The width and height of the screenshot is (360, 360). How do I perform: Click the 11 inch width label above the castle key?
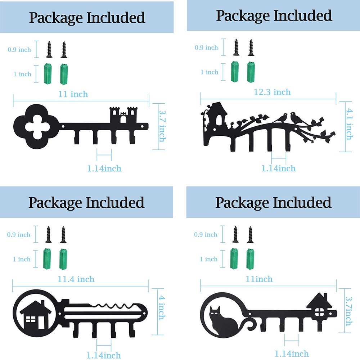click(x=73, y=94)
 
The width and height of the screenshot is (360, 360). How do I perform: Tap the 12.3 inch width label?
click(x=272, y=92)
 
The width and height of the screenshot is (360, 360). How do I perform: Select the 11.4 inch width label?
click(x=76, y=279)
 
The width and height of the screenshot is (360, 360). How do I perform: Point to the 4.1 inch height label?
click(x=349, y=124)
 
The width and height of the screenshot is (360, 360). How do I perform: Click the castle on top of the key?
click(x=123, y=114)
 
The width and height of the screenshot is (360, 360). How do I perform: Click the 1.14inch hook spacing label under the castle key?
click(x=104, y=168)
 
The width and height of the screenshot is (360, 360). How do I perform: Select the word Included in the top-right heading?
click(x=303, y=15)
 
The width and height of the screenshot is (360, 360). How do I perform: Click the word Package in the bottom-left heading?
click(x=55, y=203)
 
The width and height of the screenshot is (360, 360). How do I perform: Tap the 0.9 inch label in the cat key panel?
click(x=206, y=234)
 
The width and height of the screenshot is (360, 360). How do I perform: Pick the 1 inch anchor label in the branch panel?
click(x=209, y=72)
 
